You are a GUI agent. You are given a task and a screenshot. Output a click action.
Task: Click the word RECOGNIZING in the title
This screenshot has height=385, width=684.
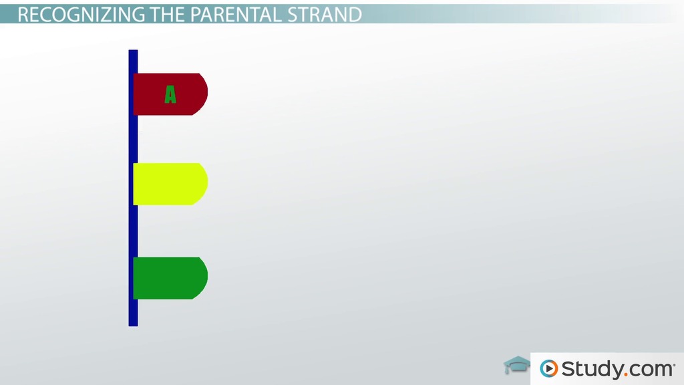[x=81, y=15]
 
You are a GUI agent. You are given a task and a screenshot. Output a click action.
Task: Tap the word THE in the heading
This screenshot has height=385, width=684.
[x=168, y=15]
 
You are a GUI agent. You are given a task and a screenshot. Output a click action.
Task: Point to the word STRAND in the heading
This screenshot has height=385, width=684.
[x=325, y=15]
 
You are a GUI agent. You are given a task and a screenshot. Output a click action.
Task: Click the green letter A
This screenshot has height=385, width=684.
[x=170, y=94]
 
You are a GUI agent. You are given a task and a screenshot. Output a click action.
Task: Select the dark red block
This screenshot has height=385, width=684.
[x=170, y=94]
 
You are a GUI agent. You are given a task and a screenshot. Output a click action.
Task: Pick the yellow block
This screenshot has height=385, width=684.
[x=170, y=184]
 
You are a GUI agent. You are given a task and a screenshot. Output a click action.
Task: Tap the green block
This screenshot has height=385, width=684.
[x=170, y=278]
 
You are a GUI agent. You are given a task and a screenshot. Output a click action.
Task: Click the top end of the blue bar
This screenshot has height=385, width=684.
[x=133, y=51]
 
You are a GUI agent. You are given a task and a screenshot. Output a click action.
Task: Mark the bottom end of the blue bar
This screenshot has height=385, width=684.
[x=133, y=326]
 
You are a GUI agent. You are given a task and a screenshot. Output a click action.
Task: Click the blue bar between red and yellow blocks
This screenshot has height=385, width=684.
[x=133, y=139]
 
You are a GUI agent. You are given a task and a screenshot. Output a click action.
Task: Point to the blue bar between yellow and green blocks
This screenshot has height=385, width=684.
[x=133, y=231]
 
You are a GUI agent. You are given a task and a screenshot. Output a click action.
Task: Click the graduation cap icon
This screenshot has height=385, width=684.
[x=517, y=365]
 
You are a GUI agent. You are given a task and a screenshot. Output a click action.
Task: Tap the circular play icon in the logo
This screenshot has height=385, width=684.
[x=549, y=369]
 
